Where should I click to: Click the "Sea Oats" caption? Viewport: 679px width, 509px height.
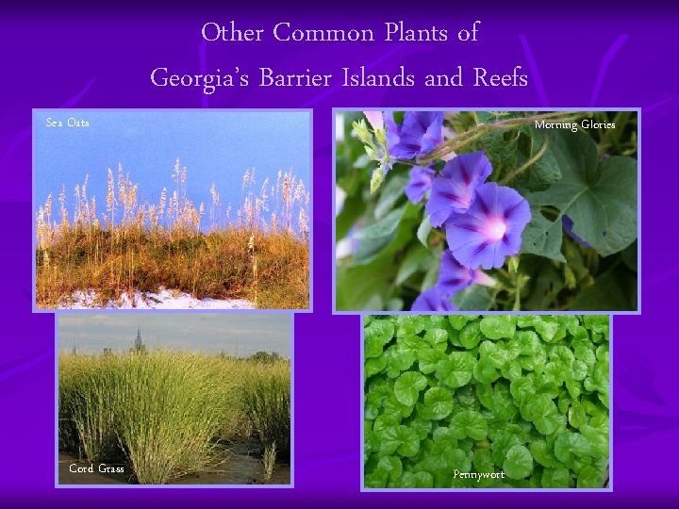pos(68,123)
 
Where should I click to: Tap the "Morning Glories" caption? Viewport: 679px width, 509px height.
pos(574,124)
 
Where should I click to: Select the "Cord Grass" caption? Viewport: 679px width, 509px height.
pos(96,468)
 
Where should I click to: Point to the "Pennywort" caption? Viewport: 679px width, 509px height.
pos(478,474)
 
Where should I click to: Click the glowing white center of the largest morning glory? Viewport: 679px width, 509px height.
pos(491,227)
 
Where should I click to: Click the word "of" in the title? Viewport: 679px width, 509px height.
pos(468,33)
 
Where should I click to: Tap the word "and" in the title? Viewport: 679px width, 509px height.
pos(443,77)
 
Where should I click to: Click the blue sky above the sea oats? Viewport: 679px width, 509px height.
pos(170,141)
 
